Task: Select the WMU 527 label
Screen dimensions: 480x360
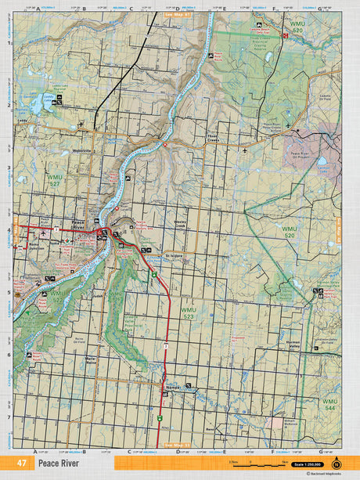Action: click(x=54, y=179)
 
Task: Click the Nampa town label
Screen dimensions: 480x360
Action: click(x=173, y=387)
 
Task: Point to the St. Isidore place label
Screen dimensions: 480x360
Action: click(x=175, y=255)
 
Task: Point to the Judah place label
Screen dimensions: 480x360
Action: click(x=97, y=297)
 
